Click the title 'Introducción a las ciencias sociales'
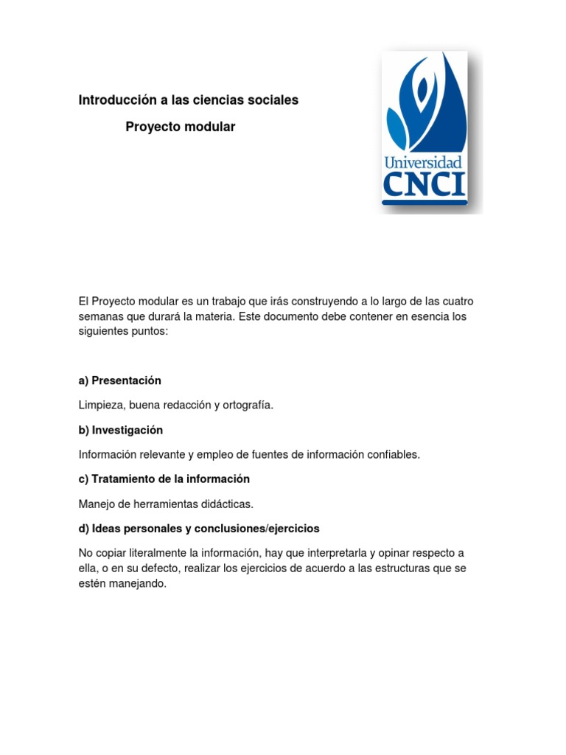(189, 100)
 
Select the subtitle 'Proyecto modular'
(180, 127)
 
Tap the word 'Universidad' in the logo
(423, 163)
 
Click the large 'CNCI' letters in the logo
(424, 184)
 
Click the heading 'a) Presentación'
(119, 380)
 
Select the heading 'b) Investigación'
(120, 430)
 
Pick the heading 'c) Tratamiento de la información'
(164, 479)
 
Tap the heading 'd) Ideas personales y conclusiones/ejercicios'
(199, 529)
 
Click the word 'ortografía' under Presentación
(246, 406)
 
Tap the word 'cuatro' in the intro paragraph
(457, 301)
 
